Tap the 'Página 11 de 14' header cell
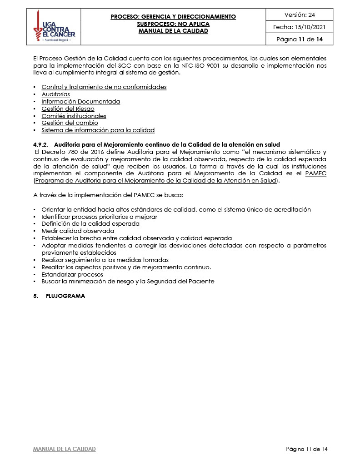299,40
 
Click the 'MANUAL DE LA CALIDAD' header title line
173,31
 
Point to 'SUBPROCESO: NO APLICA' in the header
173,24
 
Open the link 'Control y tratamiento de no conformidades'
104,87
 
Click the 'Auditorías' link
55,94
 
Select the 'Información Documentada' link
80,101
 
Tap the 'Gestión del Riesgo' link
68,109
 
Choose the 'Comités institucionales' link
74,116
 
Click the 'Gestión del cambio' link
70,123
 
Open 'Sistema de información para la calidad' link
98,130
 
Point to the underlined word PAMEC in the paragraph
316,173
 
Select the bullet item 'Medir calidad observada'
78,231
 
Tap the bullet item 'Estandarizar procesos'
72,274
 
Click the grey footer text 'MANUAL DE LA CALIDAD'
64,449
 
